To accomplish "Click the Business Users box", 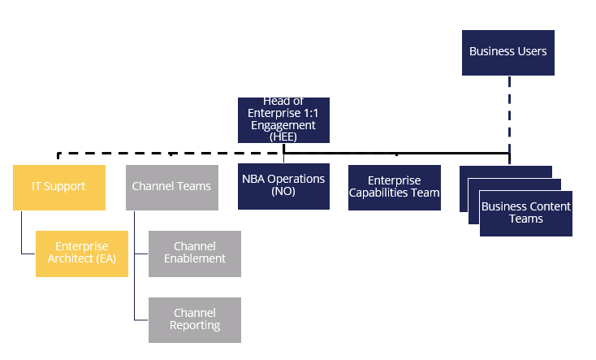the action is coord(508,53).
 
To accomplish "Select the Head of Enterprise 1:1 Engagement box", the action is coord(283,120).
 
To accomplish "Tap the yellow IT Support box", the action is coord(59,188).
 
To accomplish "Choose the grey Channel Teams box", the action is coord(172,188).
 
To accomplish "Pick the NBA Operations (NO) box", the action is coord(283,186).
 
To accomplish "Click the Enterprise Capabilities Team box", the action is coord(395,188).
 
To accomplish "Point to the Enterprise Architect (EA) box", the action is coord(82,254).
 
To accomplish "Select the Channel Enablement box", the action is coord(195,254).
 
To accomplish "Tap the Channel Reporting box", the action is coord(195,320).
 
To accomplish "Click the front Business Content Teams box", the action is coord(526,214).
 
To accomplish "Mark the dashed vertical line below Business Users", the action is coord(509,120).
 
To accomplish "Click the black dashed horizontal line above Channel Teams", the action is coord(171,154).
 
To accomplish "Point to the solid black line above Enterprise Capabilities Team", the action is coord(396,154).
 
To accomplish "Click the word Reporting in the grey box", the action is coord(195,326).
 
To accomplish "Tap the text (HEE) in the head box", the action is coord(283,137).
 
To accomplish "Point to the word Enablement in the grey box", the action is coord(195,258).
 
